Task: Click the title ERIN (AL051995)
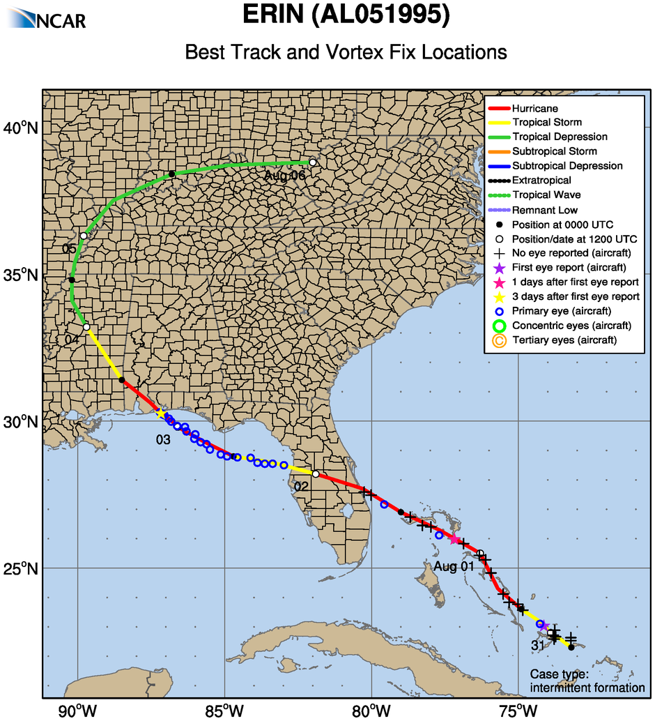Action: (x=346, y=15)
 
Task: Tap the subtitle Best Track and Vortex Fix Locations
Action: (x=346, y=52)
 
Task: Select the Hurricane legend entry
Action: (x=534, y=109)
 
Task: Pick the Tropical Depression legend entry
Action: (x=560, y=137)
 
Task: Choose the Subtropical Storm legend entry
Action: (x=554, y=151)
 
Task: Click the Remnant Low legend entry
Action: (x=544, y=210)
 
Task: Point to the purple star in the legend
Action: (x=498, y=268)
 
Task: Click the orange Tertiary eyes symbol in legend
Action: (x=498, y=340)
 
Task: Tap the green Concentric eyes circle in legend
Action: (x=498, y=326)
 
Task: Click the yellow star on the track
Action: (x=161, y=413)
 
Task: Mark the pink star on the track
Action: (x=454, y=539)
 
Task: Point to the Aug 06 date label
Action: (x=285, y=176)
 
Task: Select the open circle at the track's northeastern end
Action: (x=313, y=162)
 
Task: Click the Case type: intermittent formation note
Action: (x=587, y=681)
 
